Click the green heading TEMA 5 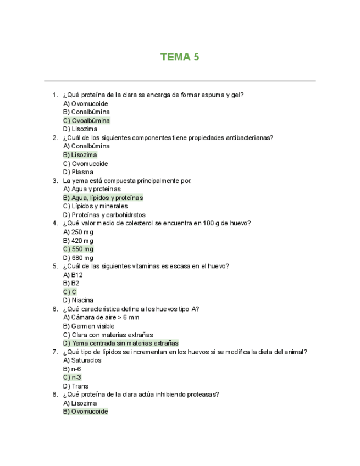tap(180, 57)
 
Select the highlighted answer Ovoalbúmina tap(86, 121)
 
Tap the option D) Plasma tap(78, 172)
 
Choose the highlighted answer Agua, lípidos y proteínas tap(103, 198)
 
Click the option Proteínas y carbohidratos tap(104, 215)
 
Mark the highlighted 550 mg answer tap(78, 249)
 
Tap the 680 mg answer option tap(78, 258)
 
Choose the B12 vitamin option tap(73, 275)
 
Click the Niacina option tap(78, 301)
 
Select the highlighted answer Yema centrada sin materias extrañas tap(120, 343)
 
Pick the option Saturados tap(82, 360)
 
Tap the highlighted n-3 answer tap(72, 378)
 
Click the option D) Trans tap(75, 386)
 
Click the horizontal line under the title tap(180, 81)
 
